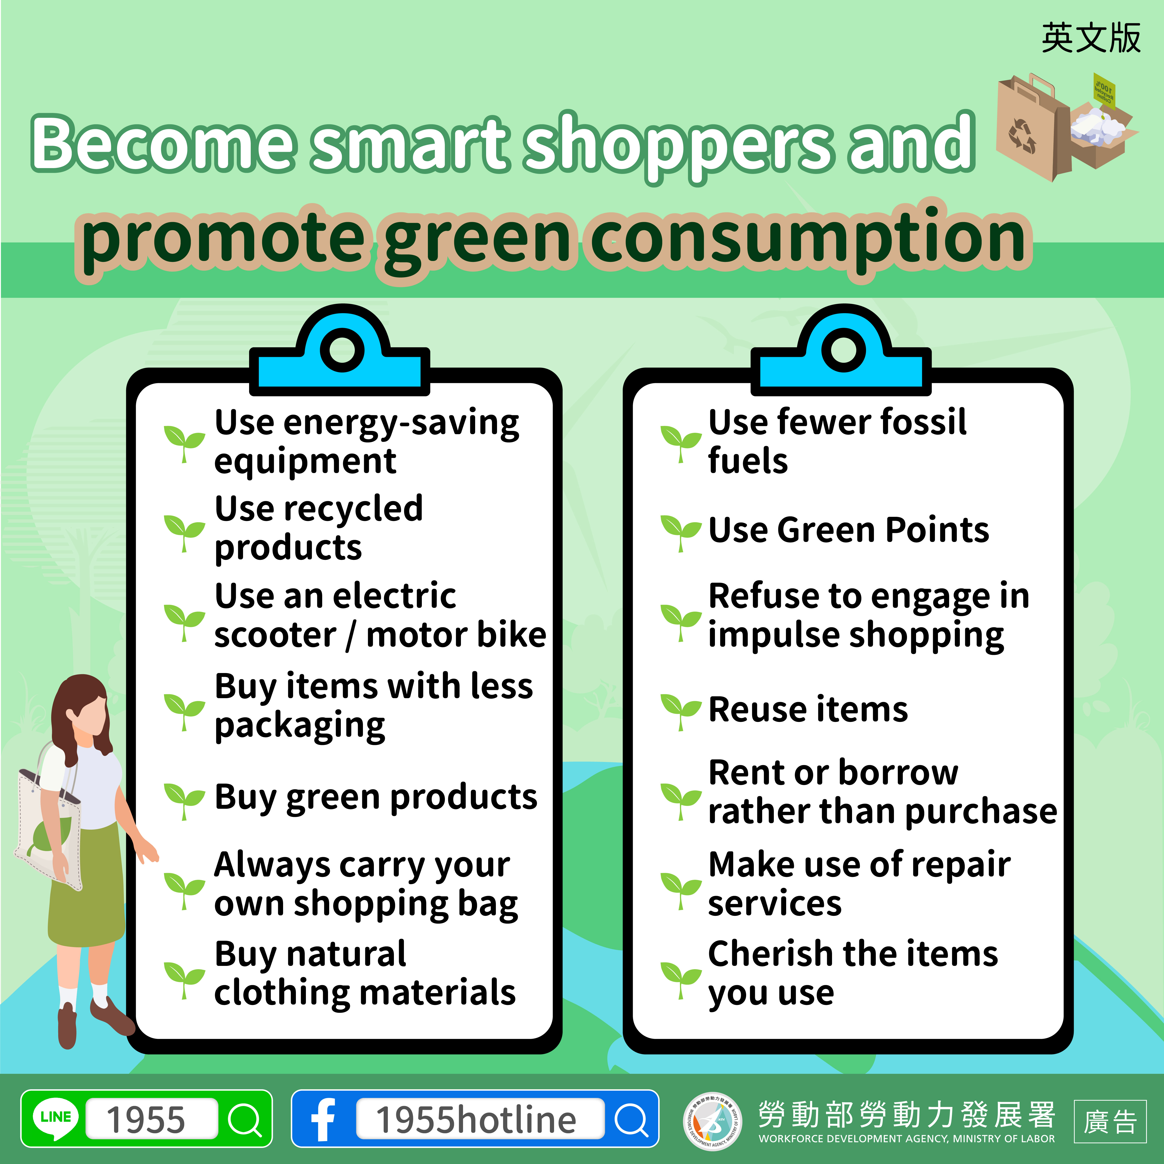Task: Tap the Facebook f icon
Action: [x=323, y=1119]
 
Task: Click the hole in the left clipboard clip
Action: [x=342, y=349]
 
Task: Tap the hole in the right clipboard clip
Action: [x=843, y=349]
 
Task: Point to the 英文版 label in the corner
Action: [x=1090, y=38]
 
